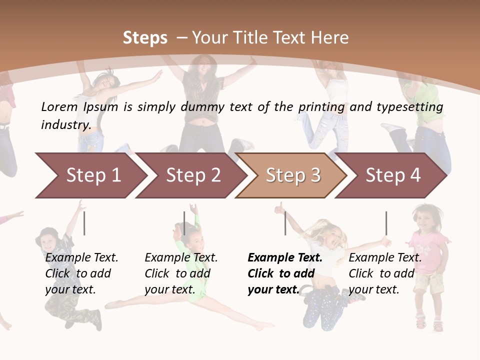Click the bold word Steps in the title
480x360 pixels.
tap(145, 38)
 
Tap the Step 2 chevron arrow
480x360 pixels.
tap(193, 175)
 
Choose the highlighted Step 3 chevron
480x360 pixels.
tap(293, 175)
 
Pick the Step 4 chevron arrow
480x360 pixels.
tap(393, 175)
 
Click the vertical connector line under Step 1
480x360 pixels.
tap(84, 223)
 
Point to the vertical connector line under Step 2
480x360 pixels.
tap(184, 223)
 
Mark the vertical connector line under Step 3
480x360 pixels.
tap(285, 223)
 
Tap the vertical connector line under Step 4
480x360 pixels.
tap(386, 223)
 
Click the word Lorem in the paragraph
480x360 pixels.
tap(59, 107)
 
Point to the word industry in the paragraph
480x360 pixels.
tap(65, 124)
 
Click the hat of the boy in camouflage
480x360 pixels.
tap(49, 233)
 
